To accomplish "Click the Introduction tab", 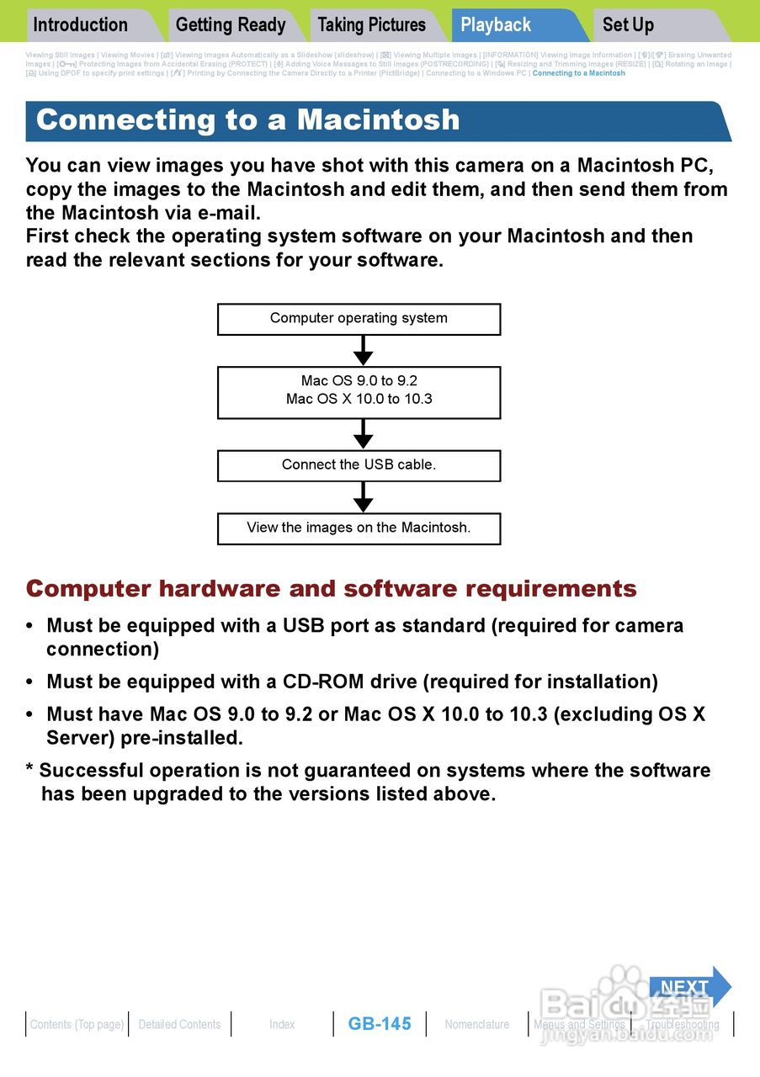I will (x=81, y=25).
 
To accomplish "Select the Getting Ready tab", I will (x=231, y=25).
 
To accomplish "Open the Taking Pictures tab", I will (x=372, y=25).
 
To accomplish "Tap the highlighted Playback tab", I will (x=496, y=25).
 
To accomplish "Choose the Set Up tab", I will (x=628, y=25).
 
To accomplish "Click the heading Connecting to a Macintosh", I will (x=248, y=120).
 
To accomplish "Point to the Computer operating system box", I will (x=359, y=319).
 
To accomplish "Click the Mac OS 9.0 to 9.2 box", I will (x=359, y=391).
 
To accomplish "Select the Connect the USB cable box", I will (x=359, y=464).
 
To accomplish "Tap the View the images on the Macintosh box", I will (x=359, y=528).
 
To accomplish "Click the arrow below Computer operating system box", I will (x=363, y=350).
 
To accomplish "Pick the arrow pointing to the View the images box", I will (x=363, y=496).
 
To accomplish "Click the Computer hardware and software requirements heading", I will (x=332, y=589).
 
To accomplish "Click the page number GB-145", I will (x=380, y=1024).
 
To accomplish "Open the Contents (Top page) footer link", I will (x=77, y=1024).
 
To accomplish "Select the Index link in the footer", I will (x=282, y=1024).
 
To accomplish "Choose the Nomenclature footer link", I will (x=477, y=1024).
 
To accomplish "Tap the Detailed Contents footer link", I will (x=179, y=1024).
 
